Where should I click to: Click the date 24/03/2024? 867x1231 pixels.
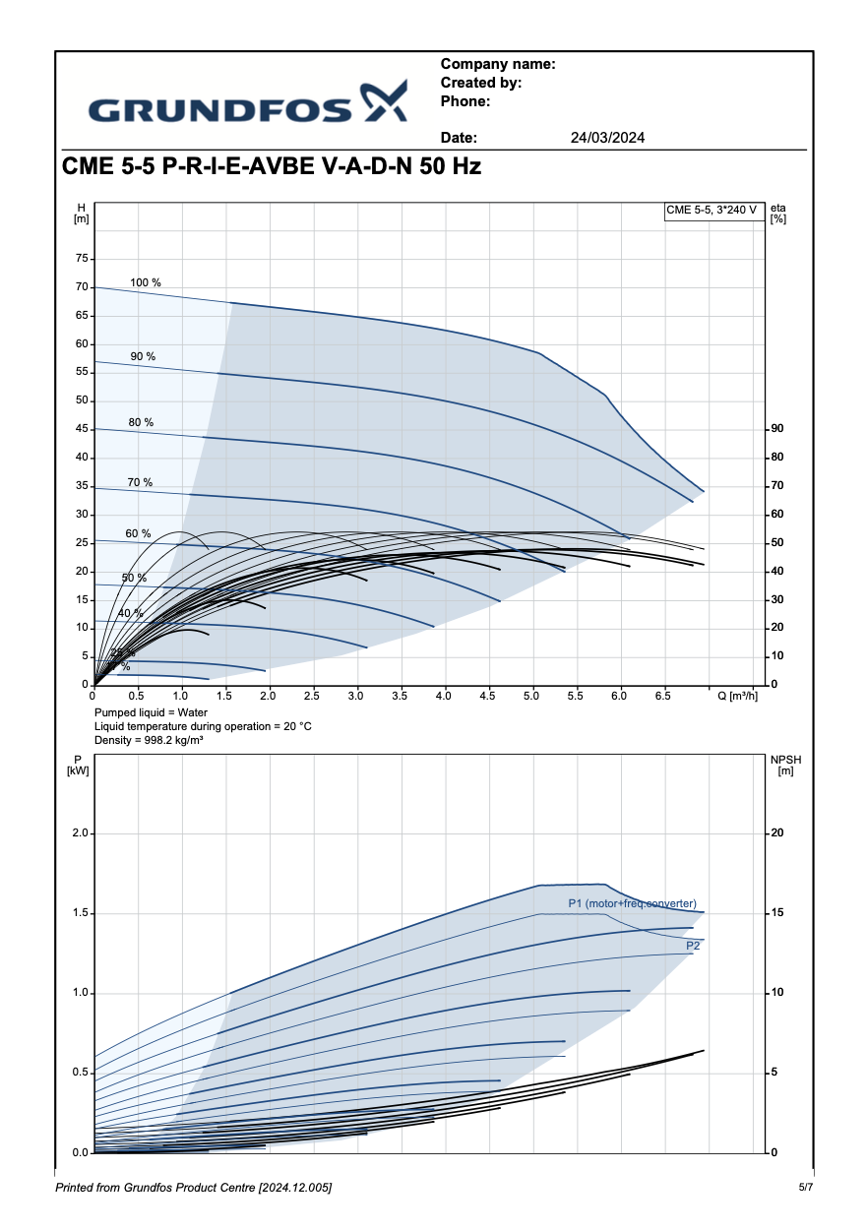tap(607, 138)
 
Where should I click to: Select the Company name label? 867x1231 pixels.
tap(498, 64)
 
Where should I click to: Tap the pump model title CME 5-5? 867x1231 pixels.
tap(272, 166)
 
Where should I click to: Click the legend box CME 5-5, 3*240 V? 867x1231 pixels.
tap(712, 210)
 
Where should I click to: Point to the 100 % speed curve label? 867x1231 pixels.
tap(146, 282)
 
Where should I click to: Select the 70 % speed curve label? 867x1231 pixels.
tap(140, 482)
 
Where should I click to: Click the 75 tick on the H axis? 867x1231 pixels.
tap(81, 259)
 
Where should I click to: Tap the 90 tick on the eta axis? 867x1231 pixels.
tap(777, 429)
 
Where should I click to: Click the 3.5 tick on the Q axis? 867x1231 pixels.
tap(401, 696)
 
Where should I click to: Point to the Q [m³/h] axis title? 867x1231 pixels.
tap(737, 696)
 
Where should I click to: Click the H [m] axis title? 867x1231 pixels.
tap(81, 213)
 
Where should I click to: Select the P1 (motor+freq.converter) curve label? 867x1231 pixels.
tap(632, 903)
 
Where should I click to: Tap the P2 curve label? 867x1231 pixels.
tap(693, 946)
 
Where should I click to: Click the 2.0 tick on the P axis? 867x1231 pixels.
tap(80, 833)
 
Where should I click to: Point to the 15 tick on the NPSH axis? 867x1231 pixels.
tap(777, 913)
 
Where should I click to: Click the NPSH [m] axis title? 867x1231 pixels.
tap(784, 765)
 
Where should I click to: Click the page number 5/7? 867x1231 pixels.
tap(806, 1188)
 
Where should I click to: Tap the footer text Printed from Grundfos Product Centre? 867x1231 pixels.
tap(193, 1189)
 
